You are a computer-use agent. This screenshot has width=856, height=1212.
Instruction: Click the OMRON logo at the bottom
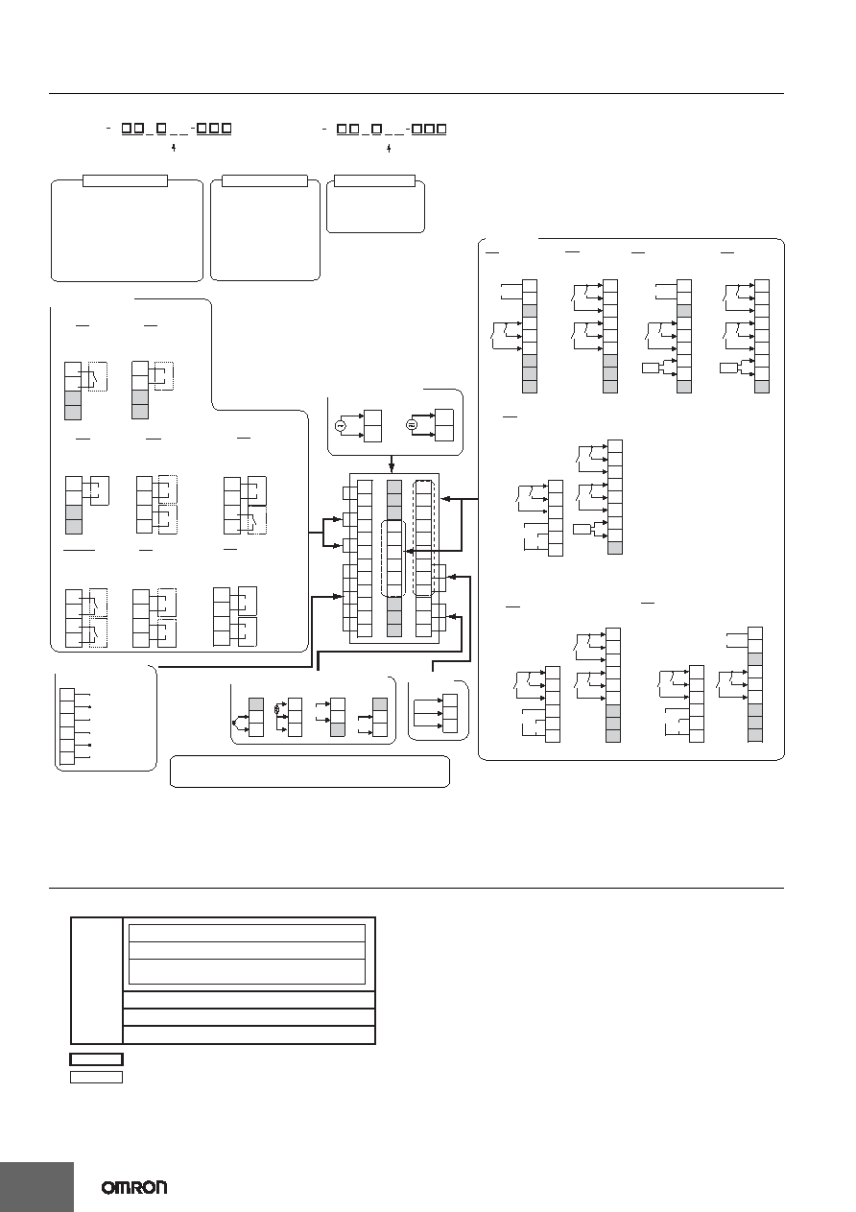tap(134, 1188)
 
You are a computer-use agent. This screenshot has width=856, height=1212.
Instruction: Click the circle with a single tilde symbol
tap(341, 426)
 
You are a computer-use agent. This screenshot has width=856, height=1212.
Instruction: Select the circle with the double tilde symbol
tap(412, 425)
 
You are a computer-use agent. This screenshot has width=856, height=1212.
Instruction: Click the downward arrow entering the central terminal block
tap(392, 463)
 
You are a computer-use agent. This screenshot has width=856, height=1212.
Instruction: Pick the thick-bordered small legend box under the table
tap(96, 1058)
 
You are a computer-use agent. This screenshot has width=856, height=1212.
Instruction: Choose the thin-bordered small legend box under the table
tap(96, 1077)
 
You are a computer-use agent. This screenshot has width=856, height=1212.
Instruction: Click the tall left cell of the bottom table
tap(97, 981)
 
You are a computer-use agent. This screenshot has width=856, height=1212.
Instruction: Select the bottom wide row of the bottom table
tap(249, 1034)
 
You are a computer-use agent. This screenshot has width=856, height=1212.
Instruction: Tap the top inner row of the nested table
tap(247, 934)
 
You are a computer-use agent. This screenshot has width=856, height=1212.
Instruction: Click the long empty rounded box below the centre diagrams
tap(310, 771)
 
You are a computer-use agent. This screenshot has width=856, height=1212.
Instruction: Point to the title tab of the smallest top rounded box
tap(374, 180)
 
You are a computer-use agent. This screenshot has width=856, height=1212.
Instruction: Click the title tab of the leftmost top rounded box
tap(125, 180)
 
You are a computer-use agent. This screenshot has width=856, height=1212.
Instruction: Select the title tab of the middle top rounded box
tap(265, 180)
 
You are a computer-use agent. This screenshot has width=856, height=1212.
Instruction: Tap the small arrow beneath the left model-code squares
tap(174, 147)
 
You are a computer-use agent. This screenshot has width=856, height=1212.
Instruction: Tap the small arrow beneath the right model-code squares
tap(389, 147)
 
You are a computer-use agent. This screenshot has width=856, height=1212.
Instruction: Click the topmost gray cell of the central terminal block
tap(394, 487)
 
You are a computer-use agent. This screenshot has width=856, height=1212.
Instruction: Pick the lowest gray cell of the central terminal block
tap(394, 630)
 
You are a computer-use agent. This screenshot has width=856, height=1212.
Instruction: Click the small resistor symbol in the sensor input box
tap(277, 708)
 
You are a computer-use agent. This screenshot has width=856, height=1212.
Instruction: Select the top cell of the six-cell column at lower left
tap(67, 695)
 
